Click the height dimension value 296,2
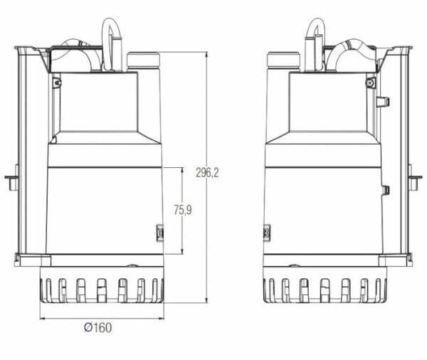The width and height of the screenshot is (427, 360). pos(207,171)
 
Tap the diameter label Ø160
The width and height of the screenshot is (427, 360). pos(97,328)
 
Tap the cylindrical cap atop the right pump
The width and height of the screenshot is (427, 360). pos(283,61)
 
